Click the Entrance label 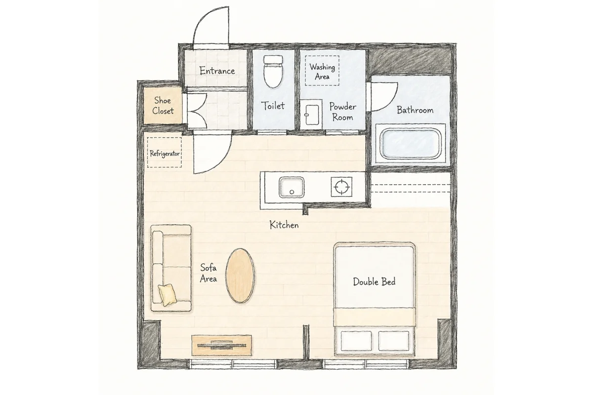[217, 71]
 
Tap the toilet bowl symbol [273, 72]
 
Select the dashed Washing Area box [322, 71]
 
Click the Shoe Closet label [163, 105]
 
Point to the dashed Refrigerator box [165, 153]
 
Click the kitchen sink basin [292, 187]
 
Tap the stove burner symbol [341, 187]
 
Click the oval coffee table [240, 276]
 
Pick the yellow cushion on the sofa [168, 295]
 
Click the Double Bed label [374, 281]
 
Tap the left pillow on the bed [356, 341]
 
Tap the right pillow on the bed [394, 341]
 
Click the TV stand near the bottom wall [221, 345]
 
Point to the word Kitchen [284, 225]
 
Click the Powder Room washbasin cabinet [311, 115]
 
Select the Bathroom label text [415, 110]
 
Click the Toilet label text [273, 106]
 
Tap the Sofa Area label [209, 273]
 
